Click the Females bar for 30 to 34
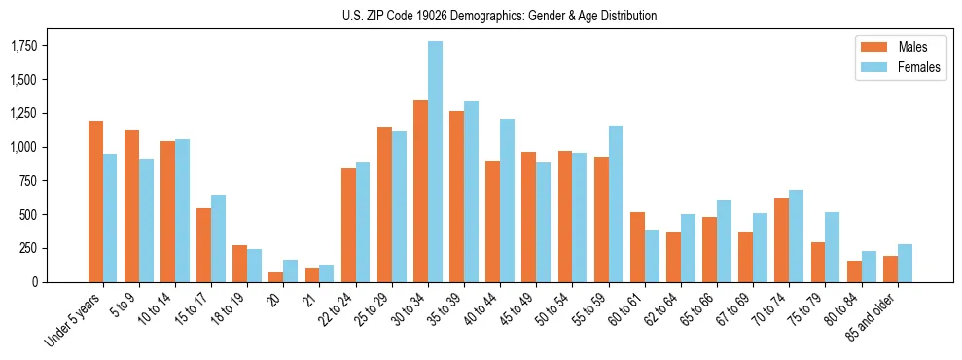435,162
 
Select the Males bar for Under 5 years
95,201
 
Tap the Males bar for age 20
276,277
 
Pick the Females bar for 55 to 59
616,203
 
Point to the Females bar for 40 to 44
507,200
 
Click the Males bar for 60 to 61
637,247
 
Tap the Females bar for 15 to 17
219,238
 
